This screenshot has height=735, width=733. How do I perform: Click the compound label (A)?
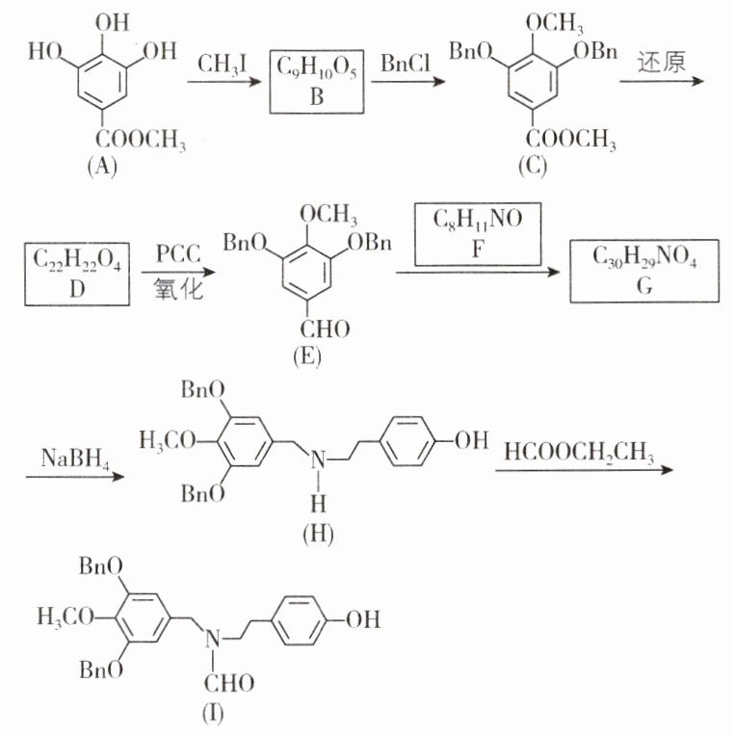coord(101,167)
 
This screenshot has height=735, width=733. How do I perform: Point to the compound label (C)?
coord(531,167)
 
